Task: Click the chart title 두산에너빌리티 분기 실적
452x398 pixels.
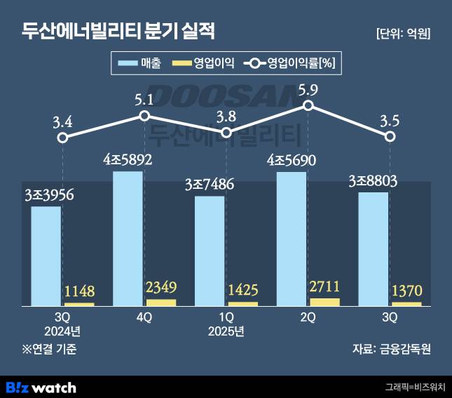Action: (x=118, y=32)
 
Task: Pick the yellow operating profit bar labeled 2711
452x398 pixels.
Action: (x=324, y=302)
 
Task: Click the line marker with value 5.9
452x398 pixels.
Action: (x=308, y=105)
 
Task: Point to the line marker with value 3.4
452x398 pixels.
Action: (x=62, y=138)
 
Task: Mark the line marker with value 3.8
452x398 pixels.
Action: (x=226, y=132)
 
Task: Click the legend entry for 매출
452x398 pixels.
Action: (x=139, y=64)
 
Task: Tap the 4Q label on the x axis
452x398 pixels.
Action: (x=144, y=317)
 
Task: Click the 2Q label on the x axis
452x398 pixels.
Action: (x=308, y=317)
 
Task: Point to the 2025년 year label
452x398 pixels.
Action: (x=226, y=331)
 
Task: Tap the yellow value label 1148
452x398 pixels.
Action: (x=78, y=291)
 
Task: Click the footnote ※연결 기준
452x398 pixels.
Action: (x=48, y=349)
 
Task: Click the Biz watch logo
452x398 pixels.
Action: (x=41, y=386)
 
